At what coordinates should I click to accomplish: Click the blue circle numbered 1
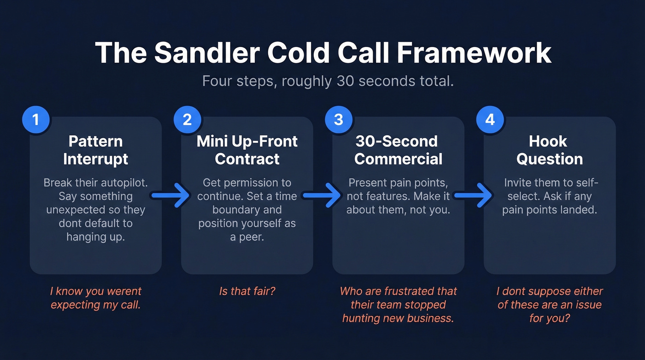click(35, 120)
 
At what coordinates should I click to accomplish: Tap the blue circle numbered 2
click(187, 120)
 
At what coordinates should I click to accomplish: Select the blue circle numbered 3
click(338, 120)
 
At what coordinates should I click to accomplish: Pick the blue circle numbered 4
click(490, 120)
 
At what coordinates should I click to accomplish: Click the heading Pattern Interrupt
click(96, 150)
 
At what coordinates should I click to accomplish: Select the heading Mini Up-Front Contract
click(247, 150)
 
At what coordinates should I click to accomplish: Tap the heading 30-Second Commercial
click(398, 150)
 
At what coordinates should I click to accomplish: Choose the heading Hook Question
click(549, 150)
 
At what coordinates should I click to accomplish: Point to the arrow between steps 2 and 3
click(322, 196)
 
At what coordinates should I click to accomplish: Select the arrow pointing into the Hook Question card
click(473, 196)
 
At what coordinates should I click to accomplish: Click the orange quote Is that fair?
click(247, 291)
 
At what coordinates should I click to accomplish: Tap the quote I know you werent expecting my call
click(96, 298)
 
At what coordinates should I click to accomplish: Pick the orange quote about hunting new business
click(398, 305)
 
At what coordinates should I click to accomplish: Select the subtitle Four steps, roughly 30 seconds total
click(328, 81)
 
